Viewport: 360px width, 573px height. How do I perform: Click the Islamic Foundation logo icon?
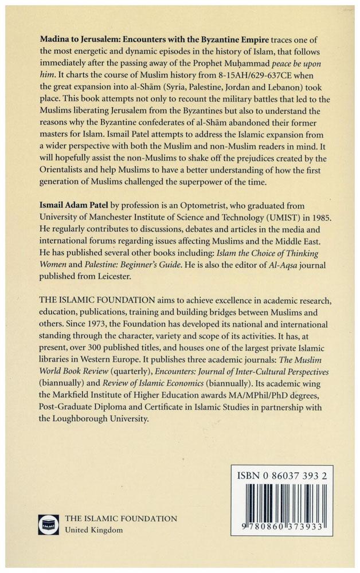tap(48, 524)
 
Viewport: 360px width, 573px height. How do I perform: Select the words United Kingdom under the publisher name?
tap(94, 530)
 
